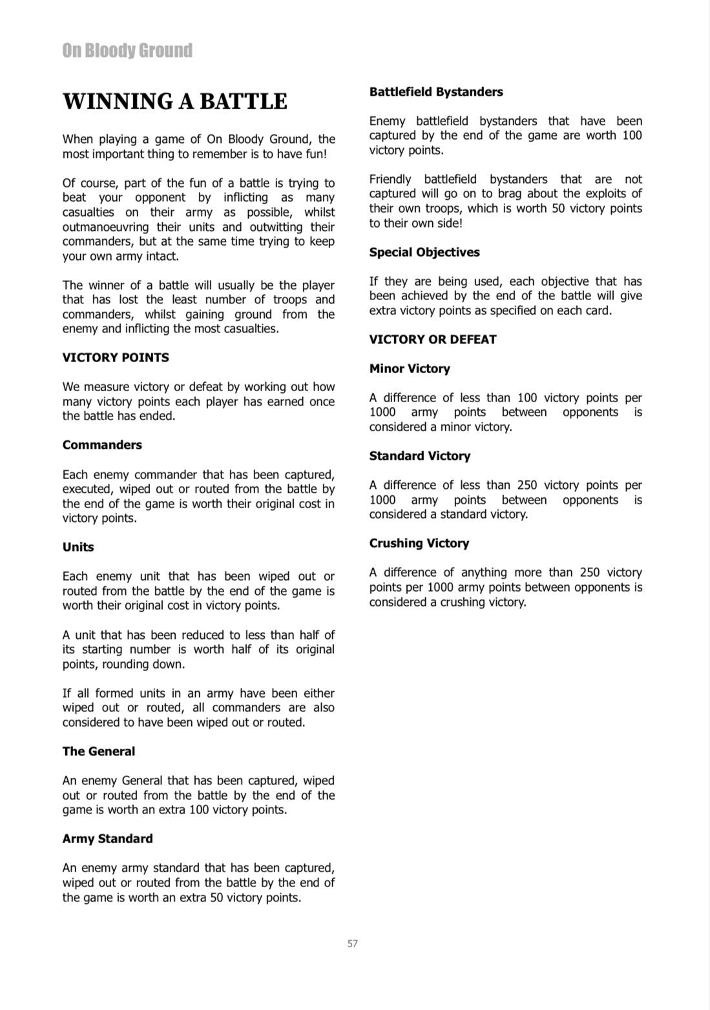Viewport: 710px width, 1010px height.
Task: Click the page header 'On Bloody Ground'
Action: click(127, 50)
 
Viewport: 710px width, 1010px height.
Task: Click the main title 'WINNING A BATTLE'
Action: click(174, 102)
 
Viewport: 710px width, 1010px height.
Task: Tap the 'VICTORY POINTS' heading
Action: click(116, 358)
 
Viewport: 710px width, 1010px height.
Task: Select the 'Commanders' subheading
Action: click(102, 445)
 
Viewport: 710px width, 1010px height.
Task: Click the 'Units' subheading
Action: click(78, 547)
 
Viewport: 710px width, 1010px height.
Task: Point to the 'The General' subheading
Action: click(99, 751)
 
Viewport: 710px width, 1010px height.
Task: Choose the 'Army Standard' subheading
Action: click(108, 839)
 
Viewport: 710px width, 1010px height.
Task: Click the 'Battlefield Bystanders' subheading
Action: click(436, 92)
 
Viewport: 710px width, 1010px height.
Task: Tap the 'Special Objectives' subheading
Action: click(424, 252)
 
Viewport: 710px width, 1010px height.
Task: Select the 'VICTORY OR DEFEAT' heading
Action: click(433, 339)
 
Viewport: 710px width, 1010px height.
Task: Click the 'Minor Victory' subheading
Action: click(410, 369)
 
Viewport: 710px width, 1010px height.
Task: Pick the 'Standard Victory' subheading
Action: click(420, 456)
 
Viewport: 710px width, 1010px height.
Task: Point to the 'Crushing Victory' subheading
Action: click(419, 543)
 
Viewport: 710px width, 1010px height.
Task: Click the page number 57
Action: click(353, 943)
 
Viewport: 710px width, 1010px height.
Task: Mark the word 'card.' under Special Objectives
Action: click(596, 310)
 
